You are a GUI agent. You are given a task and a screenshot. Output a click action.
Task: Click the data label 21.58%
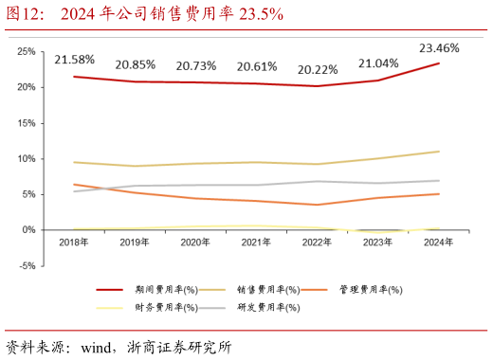click(x=74, y=60)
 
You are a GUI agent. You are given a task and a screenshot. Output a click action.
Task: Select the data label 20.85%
click(x=136, y=65)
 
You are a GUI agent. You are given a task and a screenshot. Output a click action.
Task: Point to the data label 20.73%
click(x=196, y=65)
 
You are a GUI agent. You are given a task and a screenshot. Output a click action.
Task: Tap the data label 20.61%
click(x=257, y=66)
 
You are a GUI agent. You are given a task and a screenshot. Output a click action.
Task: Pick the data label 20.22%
click(x=319, y=69)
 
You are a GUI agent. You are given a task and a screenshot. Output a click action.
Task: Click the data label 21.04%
click(x=378, y=63)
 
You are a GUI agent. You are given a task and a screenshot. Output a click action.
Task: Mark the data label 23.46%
click(x=439, y=46)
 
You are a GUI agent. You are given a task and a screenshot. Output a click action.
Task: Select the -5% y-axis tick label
click(x=27, y=266)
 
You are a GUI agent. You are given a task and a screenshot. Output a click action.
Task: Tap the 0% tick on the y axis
click(x=29, y=230)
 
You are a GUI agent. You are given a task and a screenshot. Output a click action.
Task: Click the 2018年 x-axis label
click(x=73, y=243)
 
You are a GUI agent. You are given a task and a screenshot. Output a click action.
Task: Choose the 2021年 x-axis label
click(x=256, y=243)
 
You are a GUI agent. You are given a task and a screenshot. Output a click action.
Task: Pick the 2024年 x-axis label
click(x=438, y=243)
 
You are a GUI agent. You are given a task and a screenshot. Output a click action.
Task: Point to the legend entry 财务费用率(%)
click(x=165, y=307)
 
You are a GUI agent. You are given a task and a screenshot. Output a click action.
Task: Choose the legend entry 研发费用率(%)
click(x=267, y=307)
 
